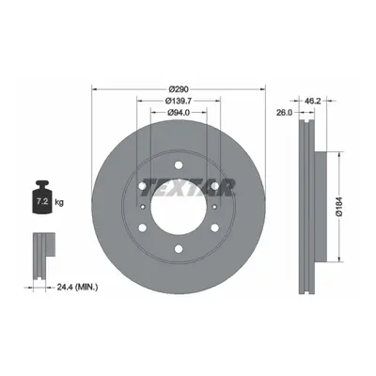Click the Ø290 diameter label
pyautogui.click(x=179, y=89)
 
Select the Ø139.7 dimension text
pyautogui.click(x=179, y=101)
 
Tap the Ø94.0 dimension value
pyautogui.click(x=179, y=113)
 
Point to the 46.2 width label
pyautogui.click(x=311, y=101)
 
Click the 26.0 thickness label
pyautogui.click(x=285, y=113)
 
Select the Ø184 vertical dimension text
pyautogui.click(x=340, y=206)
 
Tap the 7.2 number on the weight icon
pyautogui.click(x=42, y=201)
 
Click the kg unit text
pyautogui.click(x=59, y=202)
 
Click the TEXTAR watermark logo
pyautogui.click(x=188, y=188)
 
